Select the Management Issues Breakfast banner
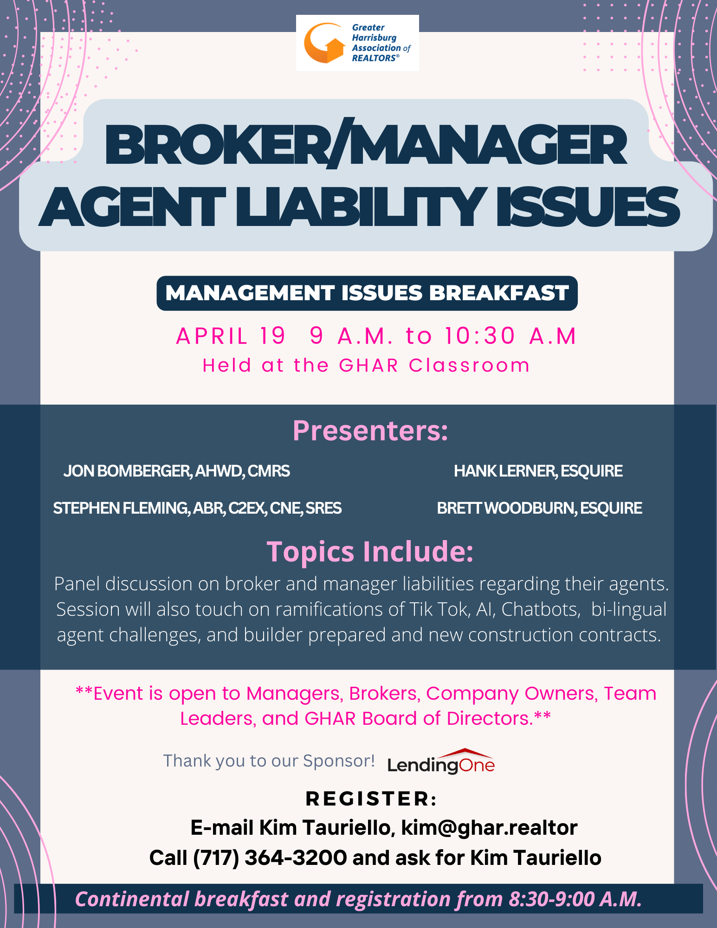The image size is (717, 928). tap(367, 293)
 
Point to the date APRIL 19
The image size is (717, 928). tap(231, 336)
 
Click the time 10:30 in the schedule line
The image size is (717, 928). tap(480, 335)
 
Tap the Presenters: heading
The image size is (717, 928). tap(370, 431)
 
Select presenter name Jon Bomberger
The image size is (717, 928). tap(127, 471)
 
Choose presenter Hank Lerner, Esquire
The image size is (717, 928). tap(538, 471)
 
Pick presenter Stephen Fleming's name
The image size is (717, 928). tap(121, 508)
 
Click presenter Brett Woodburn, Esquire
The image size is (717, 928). tap(540, 508)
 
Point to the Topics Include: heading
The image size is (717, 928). tap(370, 551)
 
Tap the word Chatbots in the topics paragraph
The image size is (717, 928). tap(541, 609)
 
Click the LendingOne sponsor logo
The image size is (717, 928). tap(441, 761)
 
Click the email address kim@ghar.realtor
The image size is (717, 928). tap(489, 828)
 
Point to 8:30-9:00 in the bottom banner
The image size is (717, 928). tap(552, 899)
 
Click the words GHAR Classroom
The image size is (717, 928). tap(434, 366)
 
